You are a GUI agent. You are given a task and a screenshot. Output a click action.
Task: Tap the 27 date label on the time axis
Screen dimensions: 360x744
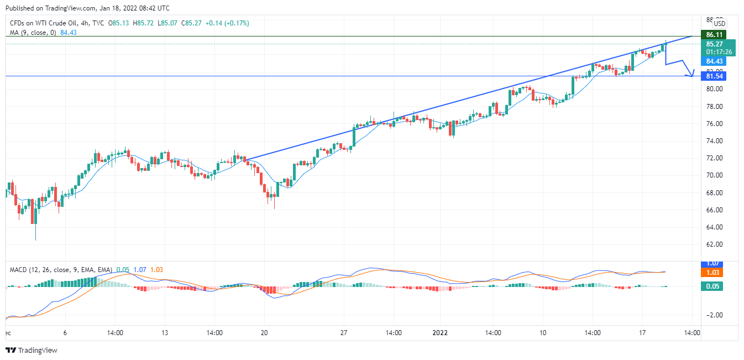(x=344, y=333)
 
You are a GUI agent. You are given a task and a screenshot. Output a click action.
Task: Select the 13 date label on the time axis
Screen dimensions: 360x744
(x=164, y=333)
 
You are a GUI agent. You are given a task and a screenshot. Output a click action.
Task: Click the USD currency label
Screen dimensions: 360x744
(x=719, y=23)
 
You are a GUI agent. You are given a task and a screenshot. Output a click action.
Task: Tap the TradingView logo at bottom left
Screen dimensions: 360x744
(x=32, y=350)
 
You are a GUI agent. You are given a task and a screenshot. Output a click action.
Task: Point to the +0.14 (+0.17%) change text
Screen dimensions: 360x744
(x=227, y=23)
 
